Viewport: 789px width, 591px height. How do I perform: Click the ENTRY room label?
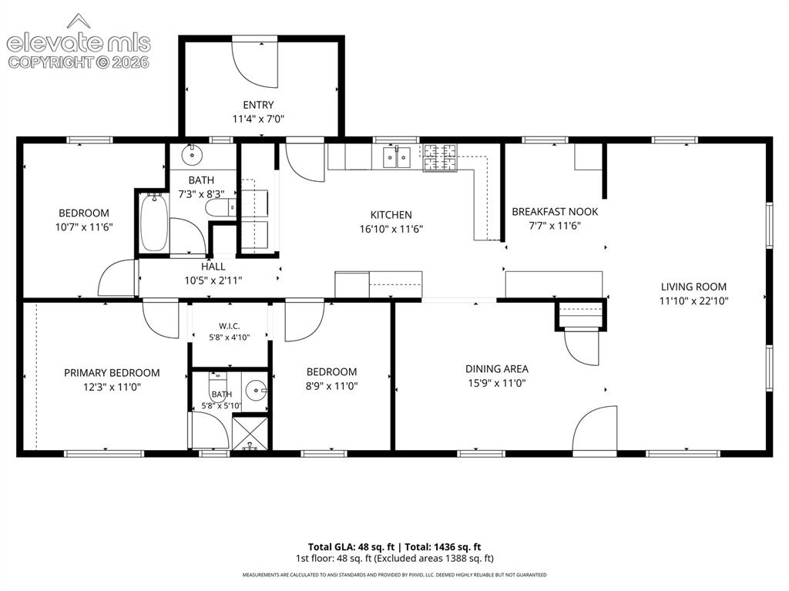(258, 105)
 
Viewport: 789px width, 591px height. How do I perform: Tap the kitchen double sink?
(397, 157)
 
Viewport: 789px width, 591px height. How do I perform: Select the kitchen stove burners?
(440, 157)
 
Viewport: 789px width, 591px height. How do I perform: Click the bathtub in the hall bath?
(153, 223)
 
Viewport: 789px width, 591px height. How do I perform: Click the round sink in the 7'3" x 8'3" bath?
(192, 155)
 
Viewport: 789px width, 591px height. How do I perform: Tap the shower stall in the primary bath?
(250, 432)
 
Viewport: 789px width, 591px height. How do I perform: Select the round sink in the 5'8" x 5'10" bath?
(256, 390)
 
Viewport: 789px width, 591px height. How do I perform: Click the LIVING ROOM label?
(693, 287)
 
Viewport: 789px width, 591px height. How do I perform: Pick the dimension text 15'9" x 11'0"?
(497, 383)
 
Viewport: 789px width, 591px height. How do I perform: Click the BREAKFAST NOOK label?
(555, 211)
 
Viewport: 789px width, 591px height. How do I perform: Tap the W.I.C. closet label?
(230, 326)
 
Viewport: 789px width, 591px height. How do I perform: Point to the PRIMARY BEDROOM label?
(112, 373)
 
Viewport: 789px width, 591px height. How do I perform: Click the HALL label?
(213, 267)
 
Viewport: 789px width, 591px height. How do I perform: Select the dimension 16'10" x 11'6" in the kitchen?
(391, 229)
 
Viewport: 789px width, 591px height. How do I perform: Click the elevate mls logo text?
(79, 43)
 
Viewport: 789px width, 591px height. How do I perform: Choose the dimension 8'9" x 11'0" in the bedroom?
(331, 386)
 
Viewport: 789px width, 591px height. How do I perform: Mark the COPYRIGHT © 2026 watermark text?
(79, 62)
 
